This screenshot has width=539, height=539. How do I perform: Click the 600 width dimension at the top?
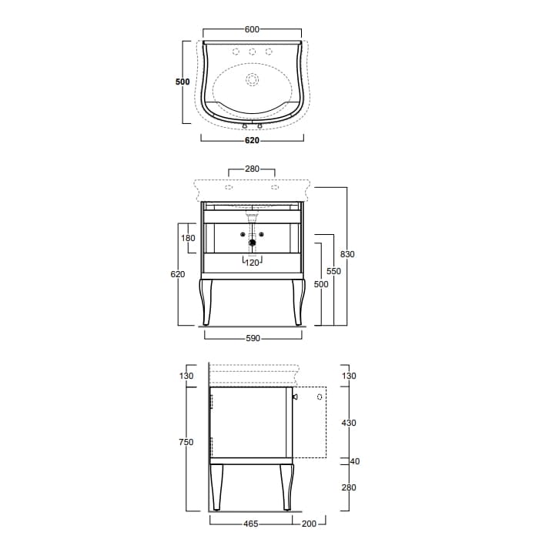[x=252, y=29]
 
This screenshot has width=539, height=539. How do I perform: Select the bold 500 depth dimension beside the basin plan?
[x=182, y=82]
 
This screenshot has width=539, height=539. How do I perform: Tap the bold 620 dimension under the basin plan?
[x=252, y=140]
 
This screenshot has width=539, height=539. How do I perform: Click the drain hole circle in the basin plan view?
[x=253, y=80]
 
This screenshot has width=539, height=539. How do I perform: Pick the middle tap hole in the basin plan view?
[x=253, y=52]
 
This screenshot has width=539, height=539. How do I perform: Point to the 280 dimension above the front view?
[x=252, y=169]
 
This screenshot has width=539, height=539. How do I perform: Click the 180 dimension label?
[x=188, y=238]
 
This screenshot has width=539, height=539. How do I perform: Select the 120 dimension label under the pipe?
[x=252, y=263]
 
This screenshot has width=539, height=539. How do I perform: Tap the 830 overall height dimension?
[x=347, y=254]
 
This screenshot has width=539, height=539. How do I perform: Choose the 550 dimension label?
[x=333, y=271]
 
